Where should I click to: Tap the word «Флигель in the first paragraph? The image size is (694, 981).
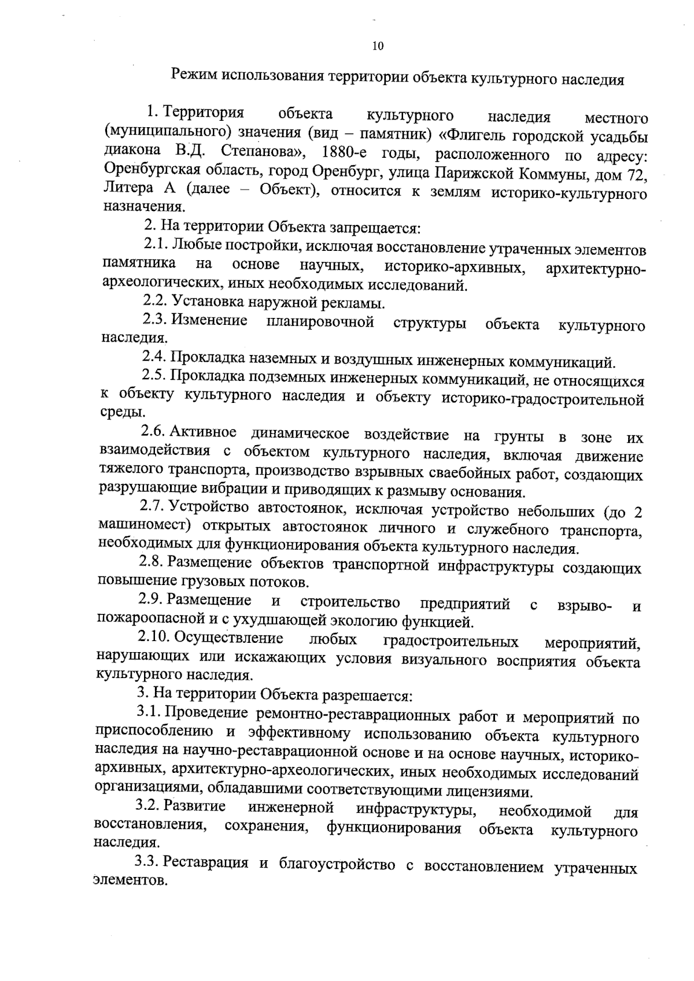click(472, 137)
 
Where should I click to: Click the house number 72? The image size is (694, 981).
click(636, 172)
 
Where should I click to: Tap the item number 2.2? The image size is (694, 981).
click(155, 301)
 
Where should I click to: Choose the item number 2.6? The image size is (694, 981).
click(153, 432)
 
